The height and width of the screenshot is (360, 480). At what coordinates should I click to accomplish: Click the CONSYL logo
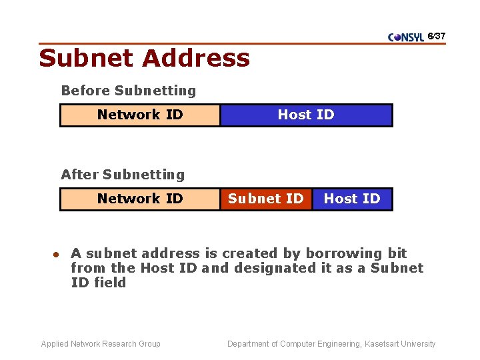tap(405, 37)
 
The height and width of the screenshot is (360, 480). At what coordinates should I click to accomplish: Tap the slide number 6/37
tap(437, 35)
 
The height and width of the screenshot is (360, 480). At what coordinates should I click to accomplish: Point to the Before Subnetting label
tap(129, 91)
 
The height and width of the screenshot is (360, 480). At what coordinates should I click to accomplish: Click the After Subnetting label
tap(123, 175)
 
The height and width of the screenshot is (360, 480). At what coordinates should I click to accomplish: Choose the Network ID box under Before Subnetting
tap(140, 115)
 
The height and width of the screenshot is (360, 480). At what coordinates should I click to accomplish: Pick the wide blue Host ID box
tap(306, 115)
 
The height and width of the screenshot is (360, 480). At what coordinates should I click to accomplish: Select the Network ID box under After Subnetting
tap(140, 199)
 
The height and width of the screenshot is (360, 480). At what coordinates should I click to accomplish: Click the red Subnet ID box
tap(265, 199)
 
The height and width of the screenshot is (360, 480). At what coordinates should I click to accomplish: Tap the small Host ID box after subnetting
tap(352, 199)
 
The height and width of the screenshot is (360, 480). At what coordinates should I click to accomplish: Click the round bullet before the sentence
tap(57, 254)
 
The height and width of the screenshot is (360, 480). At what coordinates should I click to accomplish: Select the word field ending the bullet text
tap(109, 283)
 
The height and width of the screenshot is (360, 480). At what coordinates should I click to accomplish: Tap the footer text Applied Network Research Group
tap(101, 344)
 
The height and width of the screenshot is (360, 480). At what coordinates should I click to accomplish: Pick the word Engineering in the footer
tap(321, 344)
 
